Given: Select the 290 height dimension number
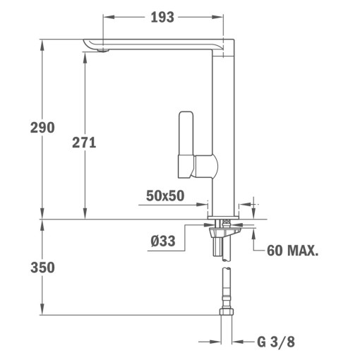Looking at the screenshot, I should pyautogui.click(x=42, y=128).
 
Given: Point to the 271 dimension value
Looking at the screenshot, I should pyautogui.click(x=84, y=142).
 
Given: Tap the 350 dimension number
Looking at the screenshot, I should pyautogui.click(x=42, y=268).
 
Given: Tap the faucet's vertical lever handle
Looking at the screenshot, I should pyautogui.click(x=186, y=138).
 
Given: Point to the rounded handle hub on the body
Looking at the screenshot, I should pyautogui.click(x=209, y=169).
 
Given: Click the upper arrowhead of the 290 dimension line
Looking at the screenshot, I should pyautogui.click(x=42, y=40).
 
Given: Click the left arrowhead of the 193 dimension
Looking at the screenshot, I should pyautogui.click(x=106, y=17).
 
